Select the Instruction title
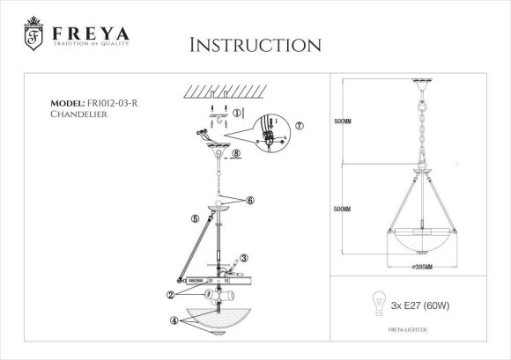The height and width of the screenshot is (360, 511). click(x=255, y=45)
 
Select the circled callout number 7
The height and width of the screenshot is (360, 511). click(x=300, y=127)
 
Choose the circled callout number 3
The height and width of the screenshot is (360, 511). click(x=244, y=258)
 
